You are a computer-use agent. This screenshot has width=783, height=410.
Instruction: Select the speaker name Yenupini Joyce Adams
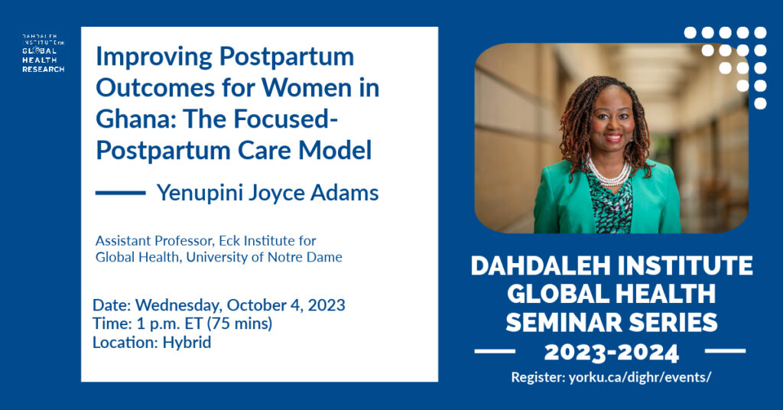pos(268,194)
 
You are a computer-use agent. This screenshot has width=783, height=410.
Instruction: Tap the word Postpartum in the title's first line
pos(287,57)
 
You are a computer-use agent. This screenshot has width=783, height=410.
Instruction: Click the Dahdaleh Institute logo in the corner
pos(43,54)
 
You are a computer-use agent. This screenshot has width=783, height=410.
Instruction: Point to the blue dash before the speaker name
pos(120,193)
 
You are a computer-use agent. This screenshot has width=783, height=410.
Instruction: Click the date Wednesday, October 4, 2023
pos(240,305)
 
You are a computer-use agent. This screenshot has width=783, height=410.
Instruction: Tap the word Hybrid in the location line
pos(187,343)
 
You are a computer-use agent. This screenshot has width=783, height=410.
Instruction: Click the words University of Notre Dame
pos(264,257)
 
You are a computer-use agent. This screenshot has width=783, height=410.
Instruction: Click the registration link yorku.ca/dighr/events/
pos(640,377)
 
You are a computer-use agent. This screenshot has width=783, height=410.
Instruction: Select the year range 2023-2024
pos(611,353)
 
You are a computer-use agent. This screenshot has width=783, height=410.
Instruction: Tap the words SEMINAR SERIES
pos(612,323)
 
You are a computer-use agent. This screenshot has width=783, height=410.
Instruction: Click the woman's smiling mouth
pos(613,138)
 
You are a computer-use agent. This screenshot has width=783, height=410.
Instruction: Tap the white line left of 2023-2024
pos(495,352)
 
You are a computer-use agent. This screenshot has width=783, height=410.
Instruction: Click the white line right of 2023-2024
pos(725,352)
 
